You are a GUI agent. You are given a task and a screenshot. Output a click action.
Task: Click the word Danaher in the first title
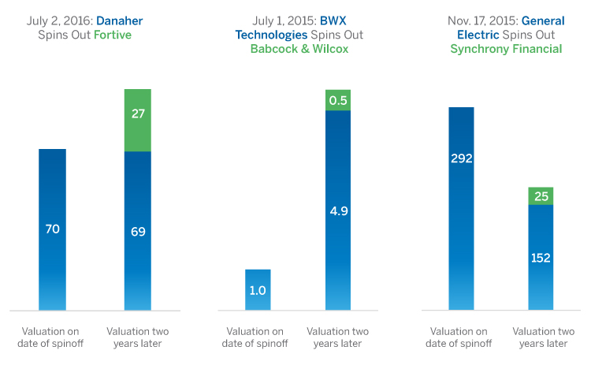tap(119, 20)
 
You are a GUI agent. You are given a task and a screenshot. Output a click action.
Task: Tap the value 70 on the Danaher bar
tap(52, 229)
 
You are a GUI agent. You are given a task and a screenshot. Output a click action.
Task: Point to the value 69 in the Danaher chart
tap(138, 231)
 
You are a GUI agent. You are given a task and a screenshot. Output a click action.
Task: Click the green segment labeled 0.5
tap(338, 100)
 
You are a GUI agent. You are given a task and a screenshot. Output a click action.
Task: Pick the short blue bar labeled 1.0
tap(258, 289)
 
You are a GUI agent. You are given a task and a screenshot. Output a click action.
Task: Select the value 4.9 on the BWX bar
tap(338, 210)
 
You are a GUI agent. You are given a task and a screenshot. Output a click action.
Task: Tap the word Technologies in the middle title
tap(270, 34)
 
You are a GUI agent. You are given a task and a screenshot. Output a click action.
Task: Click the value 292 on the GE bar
tap(461, 158)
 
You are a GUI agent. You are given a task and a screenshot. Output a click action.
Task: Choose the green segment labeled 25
tap(541, 196)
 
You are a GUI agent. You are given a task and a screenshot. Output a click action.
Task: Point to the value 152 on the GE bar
tap(541, 257)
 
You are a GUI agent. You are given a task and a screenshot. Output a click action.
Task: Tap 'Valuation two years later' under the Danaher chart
tap(138, 337)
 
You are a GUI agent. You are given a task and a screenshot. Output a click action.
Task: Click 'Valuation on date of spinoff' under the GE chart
tap(461, 337)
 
